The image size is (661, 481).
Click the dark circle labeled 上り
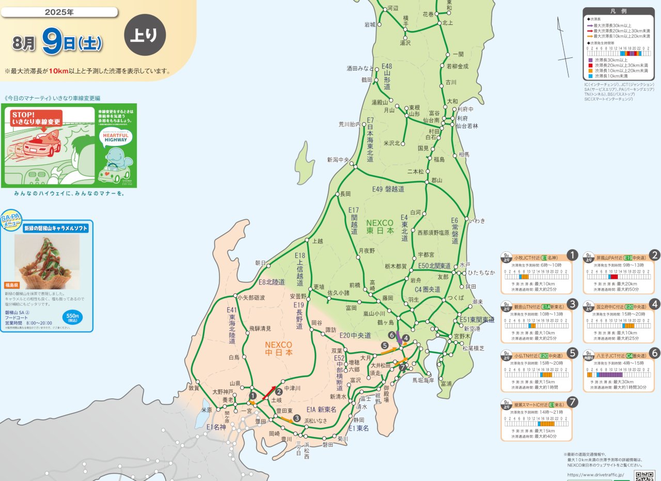point(145,35)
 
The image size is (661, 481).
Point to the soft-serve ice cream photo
point(46,261)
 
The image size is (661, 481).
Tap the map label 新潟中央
point(338,160)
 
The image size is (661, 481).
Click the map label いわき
point(477,221)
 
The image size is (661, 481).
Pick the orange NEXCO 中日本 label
point(278,349)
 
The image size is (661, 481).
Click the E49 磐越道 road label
point(388,189)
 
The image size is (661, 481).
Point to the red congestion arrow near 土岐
point(269,393)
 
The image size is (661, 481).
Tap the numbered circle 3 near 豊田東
point(297,418)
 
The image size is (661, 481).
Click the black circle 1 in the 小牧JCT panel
point(572,255)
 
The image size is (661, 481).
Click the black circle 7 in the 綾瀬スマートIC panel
point(572,402)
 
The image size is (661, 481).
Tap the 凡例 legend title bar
point(619,11)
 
